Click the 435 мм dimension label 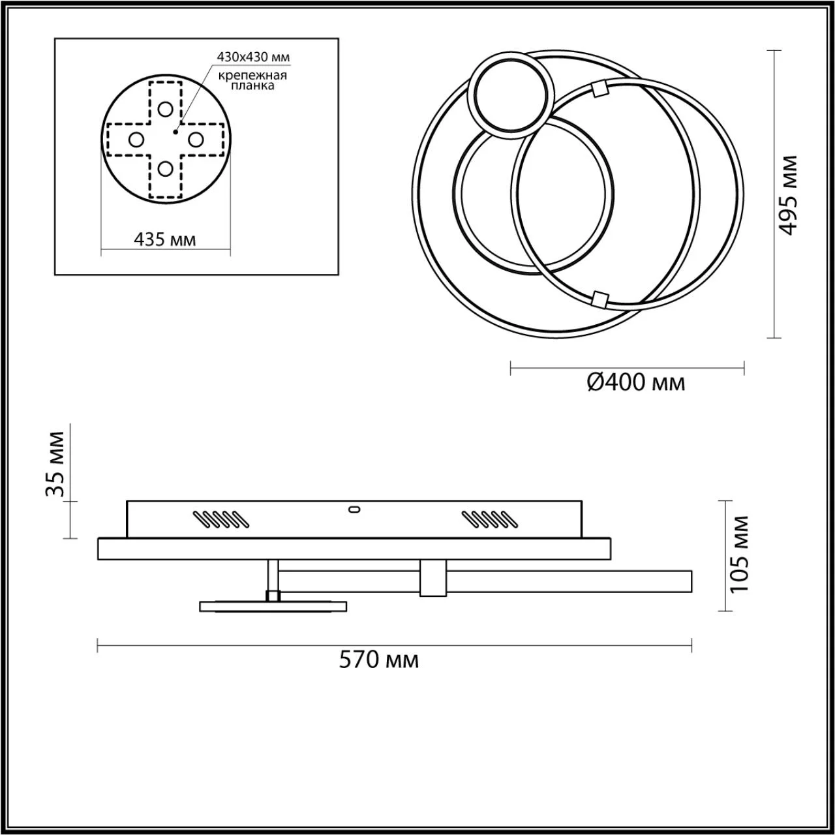pos(164,239)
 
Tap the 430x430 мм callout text pos(253,57)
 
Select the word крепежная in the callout pos(252,76)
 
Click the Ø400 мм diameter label pos(636,382)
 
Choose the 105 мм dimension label pos(739,553)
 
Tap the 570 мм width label pos(379,660)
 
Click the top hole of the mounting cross pos(165,109)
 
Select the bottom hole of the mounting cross pos(165,169)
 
